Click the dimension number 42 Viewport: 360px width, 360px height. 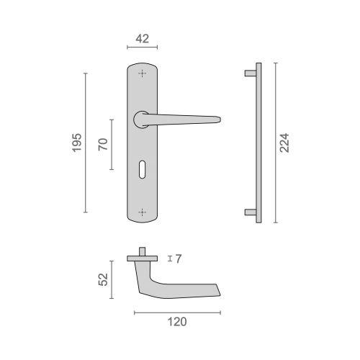pyautogui.click(x=143, y=39)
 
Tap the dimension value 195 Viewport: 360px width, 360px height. pyautogui.click(x=77, y=143)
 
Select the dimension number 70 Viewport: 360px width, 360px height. pyautogui.click(x=103, y=144)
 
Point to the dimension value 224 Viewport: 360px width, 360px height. pyautogui.click(x=284, y=143)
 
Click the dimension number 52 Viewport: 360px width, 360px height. pyautogui.click(x=104, y=279)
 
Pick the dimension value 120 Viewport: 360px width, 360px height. pyautogui.click(x=177, y=322)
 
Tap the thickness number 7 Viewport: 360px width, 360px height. pyautogui.click(x=179, y=258)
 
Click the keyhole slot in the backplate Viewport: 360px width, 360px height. pyautogui.click(x=142, y=169)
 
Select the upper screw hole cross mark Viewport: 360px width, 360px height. pyautogui.click(x=143, y=73)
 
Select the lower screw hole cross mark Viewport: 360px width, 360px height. pyautogui.click(x=143, y=212)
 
